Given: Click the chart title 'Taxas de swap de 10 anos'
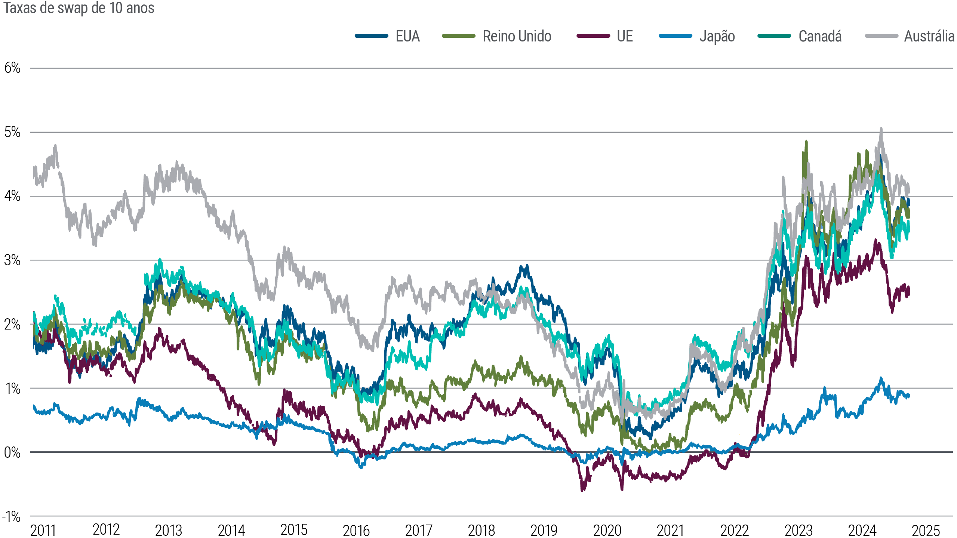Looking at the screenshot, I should [79, 8].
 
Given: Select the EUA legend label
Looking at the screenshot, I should [407, 37].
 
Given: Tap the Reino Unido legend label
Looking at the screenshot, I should [517, 37].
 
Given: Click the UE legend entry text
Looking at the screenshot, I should [625, 37].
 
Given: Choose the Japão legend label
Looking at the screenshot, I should [717, 37].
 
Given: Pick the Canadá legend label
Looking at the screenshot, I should [820, 37].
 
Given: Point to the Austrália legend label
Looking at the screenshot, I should [929, 37].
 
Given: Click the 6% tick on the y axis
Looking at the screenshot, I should [12, 68].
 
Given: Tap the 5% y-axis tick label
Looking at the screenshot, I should [12, 132].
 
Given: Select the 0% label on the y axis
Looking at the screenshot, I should [12, 453].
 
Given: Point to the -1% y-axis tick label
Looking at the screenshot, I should [12, 517].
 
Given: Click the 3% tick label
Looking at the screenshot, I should [12, 260].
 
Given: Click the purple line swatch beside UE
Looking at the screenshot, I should [593, 36].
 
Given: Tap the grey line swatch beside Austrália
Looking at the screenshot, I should [881, 36].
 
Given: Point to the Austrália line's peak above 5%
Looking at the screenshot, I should [881, 129].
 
